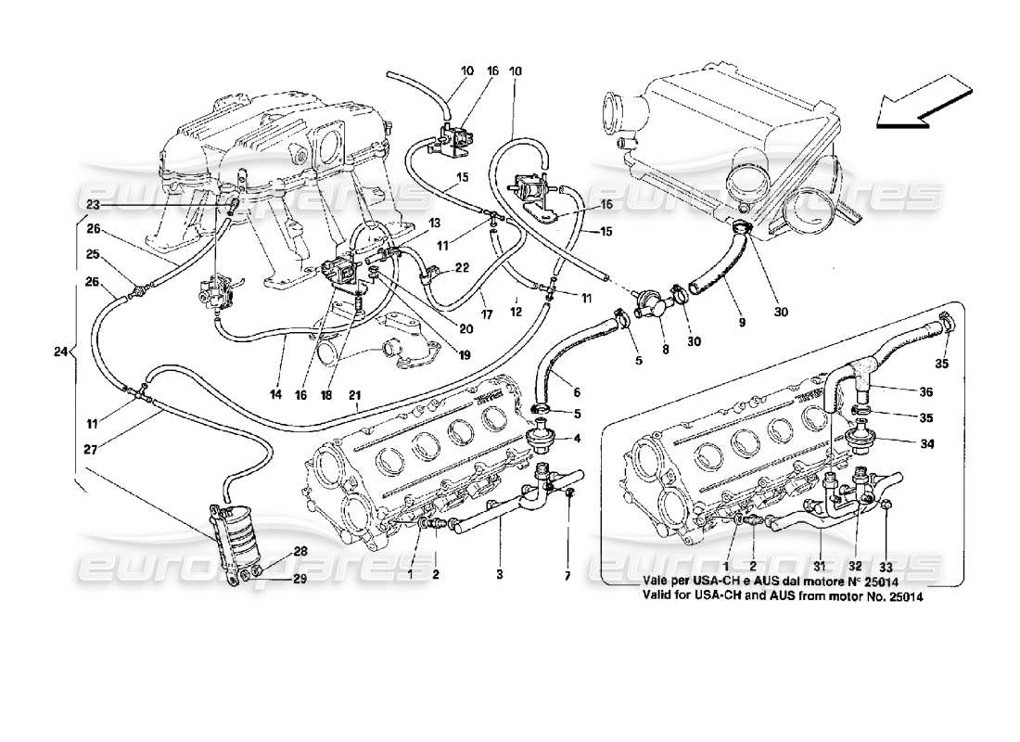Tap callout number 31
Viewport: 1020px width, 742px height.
tap(820, 567)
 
